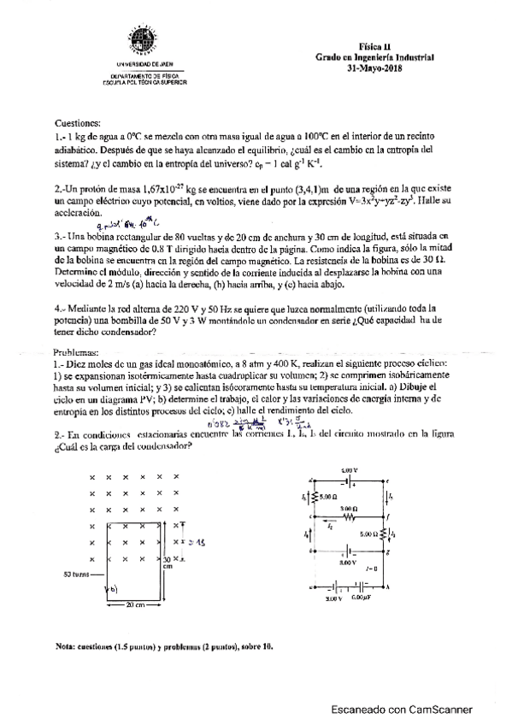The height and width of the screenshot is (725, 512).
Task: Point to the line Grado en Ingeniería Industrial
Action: [x=374, y=58]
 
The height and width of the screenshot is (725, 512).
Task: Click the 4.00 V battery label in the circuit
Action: [x=350, y=470]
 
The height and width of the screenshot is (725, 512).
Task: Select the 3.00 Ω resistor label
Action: [x=346, y=508]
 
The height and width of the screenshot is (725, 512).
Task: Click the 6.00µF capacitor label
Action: [x=361, y=598]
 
